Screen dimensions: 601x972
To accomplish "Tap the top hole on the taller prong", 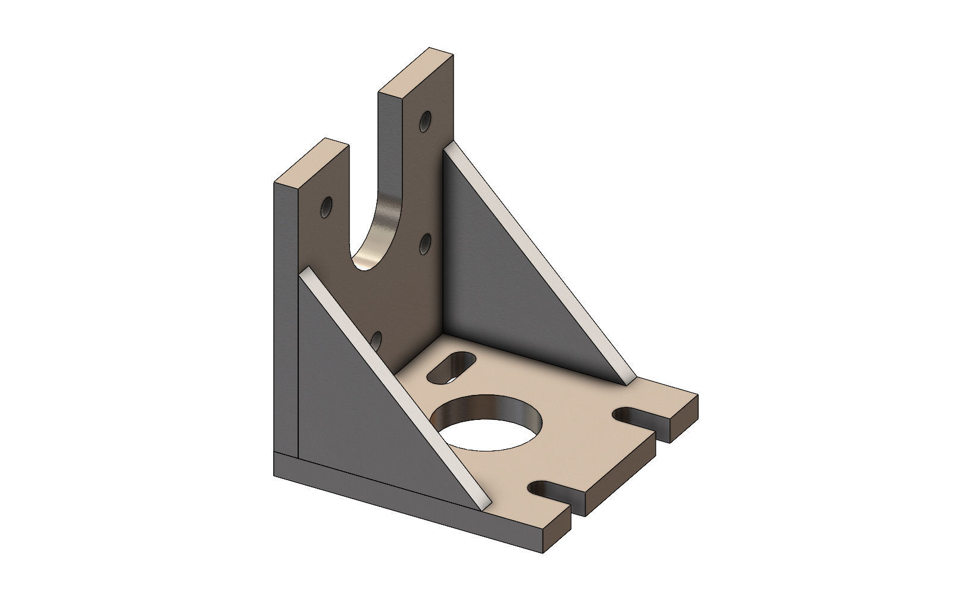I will pyautogui.click(x=426, y=122).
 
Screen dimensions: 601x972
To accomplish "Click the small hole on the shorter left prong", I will pyautogui.click(x=327, y=207).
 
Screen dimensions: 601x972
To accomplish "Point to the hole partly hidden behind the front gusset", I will pyautogui.click(x=376, y=341).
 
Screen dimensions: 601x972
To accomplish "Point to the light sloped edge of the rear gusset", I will pyautogui.click(x=539, y=262).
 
